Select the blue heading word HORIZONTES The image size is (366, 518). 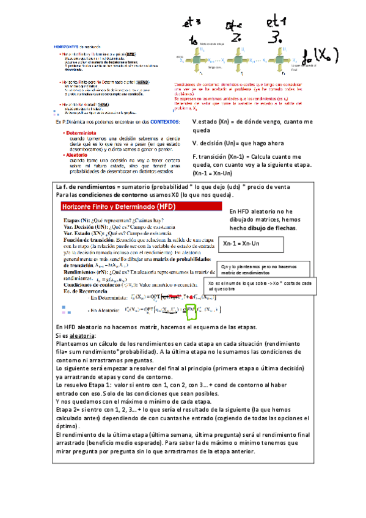pyautogui.click(x=68, y=46)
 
